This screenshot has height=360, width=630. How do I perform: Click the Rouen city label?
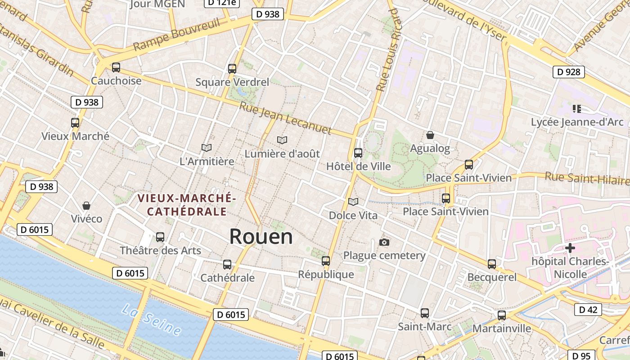click(x=261, y=237)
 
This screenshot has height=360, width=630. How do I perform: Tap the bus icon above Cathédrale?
click(x=227, y=265)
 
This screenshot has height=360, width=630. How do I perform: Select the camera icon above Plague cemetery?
click(x=384, y=242)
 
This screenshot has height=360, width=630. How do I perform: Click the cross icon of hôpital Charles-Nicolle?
click(x=570, y=248)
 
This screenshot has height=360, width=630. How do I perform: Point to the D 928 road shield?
click(x=568, y=72)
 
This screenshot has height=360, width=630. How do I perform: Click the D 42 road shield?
click(x=588, y=310)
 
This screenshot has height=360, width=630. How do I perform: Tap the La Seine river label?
click(x=152, y=320)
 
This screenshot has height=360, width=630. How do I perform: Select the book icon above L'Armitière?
click(x=207, y=148)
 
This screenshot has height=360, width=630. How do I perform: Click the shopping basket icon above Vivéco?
click(x=86, y=206)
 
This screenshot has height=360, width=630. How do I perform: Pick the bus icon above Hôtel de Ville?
click(x=358, y=153)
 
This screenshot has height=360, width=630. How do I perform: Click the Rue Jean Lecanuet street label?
click(x=285, y=119)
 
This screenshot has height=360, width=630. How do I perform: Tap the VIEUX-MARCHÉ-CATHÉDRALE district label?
click(x=187, y=205)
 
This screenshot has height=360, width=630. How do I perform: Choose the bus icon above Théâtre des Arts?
click(x=160, y=237)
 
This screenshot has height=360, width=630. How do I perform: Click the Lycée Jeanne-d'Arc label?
click(x=577, y=122)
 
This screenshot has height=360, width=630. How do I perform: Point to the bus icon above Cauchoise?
click(x=116, y=67)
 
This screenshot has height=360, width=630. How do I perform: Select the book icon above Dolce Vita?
click(x=353, y=202)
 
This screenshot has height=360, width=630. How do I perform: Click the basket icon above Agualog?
click(x=430, y=135)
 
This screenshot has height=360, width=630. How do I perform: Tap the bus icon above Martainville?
click(x=502, y=315)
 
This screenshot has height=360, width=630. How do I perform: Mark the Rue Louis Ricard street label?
click(x=388, y=49)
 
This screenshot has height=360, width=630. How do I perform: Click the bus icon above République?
click(x=326, y=261)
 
